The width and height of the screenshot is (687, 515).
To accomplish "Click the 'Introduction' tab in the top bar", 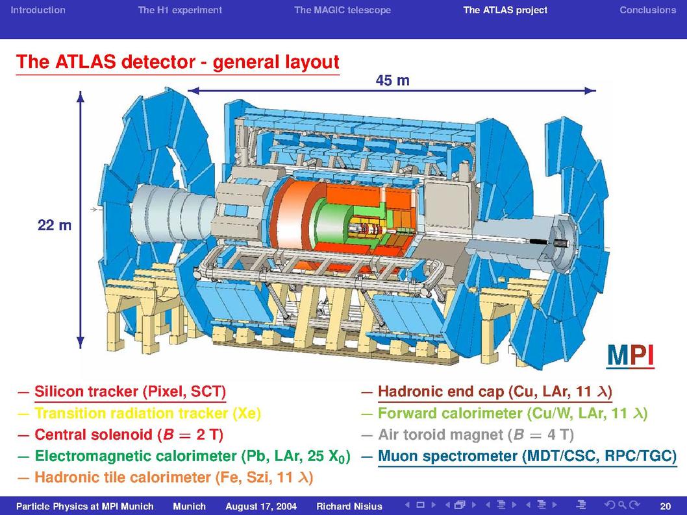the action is click(38, 10).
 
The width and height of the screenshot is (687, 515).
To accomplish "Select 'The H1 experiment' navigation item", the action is click(180, 10).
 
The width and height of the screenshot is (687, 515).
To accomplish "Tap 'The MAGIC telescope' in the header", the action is click(343, 10).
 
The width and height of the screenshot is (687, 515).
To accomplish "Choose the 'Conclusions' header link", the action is click(647, 10).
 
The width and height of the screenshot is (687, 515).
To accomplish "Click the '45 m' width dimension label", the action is click(393, 80).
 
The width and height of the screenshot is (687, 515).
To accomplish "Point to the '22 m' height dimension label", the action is click(55, 225).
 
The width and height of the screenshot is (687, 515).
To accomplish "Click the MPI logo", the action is click(631, 355).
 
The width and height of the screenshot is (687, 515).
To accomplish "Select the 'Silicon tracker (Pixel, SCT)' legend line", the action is click(130, 392).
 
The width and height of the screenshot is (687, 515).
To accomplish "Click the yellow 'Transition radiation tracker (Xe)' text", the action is click(147, 413).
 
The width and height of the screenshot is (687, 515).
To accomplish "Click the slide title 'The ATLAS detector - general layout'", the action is click(177, 62).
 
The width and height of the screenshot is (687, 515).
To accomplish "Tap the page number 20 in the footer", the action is click(665, 507).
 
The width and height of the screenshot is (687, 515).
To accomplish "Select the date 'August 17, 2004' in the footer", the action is click(261, 507).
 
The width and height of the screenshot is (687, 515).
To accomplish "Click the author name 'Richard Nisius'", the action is click(349, 507).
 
